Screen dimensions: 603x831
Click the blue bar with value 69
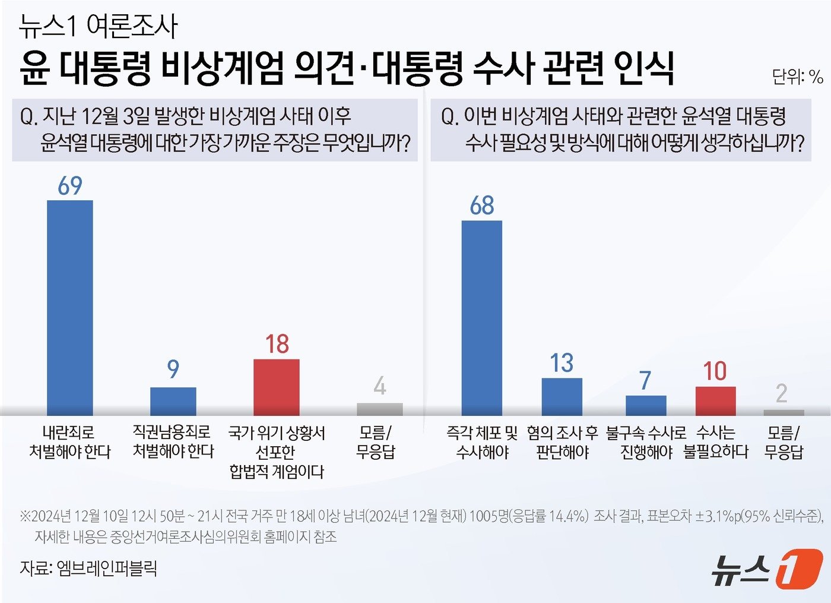[70, 308]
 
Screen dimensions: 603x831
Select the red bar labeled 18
[277, 387]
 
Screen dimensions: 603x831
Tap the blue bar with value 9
[173, 401]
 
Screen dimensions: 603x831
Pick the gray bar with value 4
[380, 409]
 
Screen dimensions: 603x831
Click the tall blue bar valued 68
[482, 318]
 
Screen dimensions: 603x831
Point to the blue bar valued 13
[562, 396]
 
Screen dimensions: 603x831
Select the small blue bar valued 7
[646, 405]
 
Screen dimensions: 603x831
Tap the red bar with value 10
[715, 401]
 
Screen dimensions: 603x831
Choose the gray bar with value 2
[784, 412]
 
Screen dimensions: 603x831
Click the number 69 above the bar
[70, 186]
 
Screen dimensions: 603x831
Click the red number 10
[715, 371]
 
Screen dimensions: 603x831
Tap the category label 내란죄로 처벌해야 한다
[70, 442]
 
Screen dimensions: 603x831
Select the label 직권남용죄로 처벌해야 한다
[173, 442]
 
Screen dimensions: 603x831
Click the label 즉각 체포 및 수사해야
[482, 442]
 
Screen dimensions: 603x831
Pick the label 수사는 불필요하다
[715, 442]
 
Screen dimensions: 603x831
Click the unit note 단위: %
[797, 77]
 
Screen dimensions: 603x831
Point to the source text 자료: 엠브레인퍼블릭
[88, 568]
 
